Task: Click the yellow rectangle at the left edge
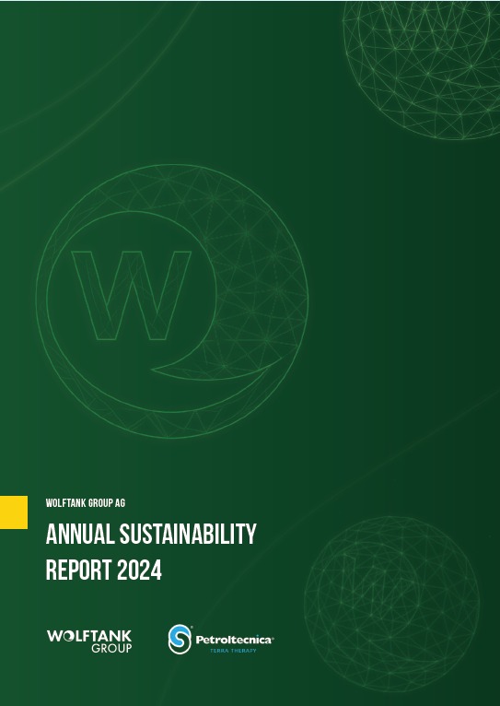pyautogui.click(x=14, y=512)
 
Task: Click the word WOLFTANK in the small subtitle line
pyautogui.click(x=64, y=503)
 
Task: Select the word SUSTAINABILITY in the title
pyautogui.click(x=188, y=535)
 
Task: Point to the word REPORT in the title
pyautogui.click(x=78, y=570)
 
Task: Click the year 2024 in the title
pyautogui.click(x=139, y=570)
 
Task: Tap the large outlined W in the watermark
pyautogui.click(x=132, y=295)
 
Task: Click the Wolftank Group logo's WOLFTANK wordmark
pyautogui.click(x=89, y=636)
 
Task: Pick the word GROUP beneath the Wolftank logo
pyautogui.click(x=111, y=648)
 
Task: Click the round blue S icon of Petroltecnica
pyautogui.click(x=180, y=639)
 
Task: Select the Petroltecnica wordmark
pyautogui.click(x=234, y=640)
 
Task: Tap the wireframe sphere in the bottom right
pyautogui.click(x=391, y=604)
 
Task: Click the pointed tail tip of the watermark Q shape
pyautogui.click(x=152, y=371)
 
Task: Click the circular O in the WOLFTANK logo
pyautogui.click(x=67, y=636)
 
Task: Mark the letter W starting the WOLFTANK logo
pyautogui.click(x=54, y=636)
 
